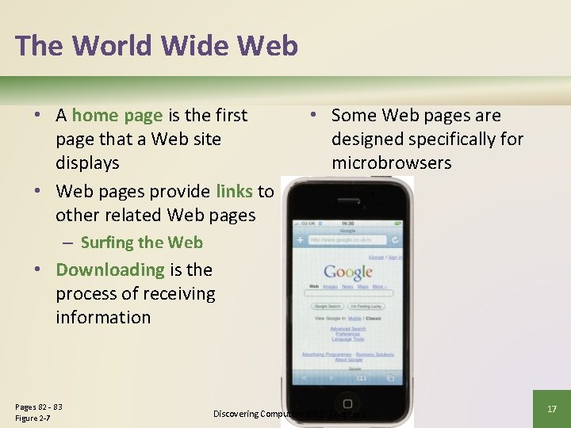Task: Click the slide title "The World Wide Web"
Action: pos(156,45)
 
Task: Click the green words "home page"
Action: pos(117,116)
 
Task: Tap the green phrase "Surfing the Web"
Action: pos(141,243)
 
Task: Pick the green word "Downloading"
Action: pos(109,269)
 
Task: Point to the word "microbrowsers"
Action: pos(391,163)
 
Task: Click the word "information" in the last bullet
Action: pos(103,317)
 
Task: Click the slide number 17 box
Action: pos(552,409)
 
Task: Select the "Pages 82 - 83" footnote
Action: pos(39,407)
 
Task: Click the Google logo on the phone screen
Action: pos(347,273)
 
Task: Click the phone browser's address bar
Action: pos(343,239)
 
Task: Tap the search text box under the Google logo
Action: pos(347,293)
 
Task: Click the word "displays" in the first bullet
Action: pos(87,163)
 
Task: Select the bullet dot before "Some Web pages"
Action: pos(314,116)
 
